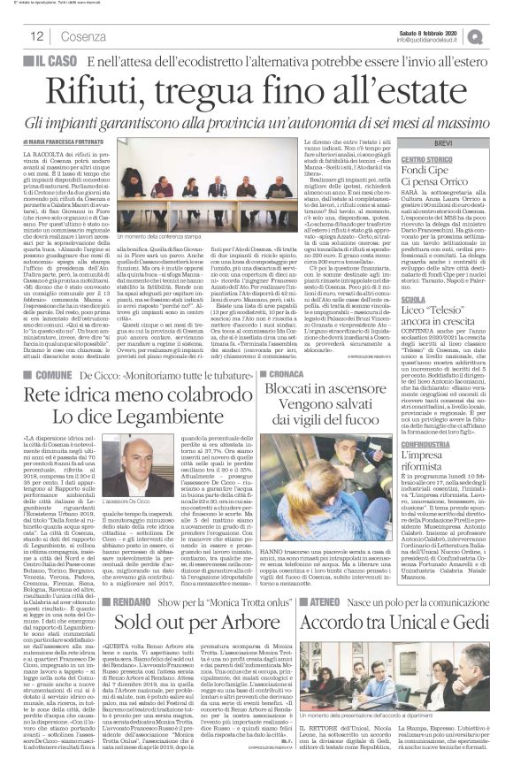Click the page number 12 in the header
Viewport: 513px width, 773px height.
(36, 34)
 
